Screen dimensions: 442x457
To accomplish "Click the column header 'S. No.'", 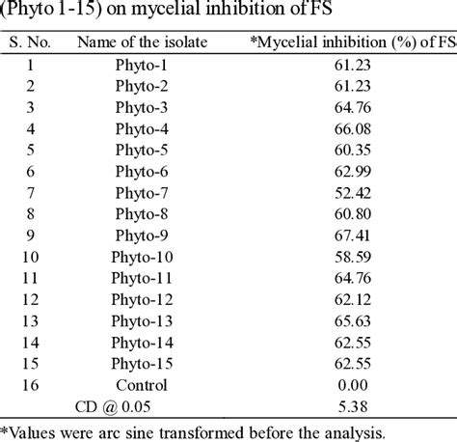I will point(31,42).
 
